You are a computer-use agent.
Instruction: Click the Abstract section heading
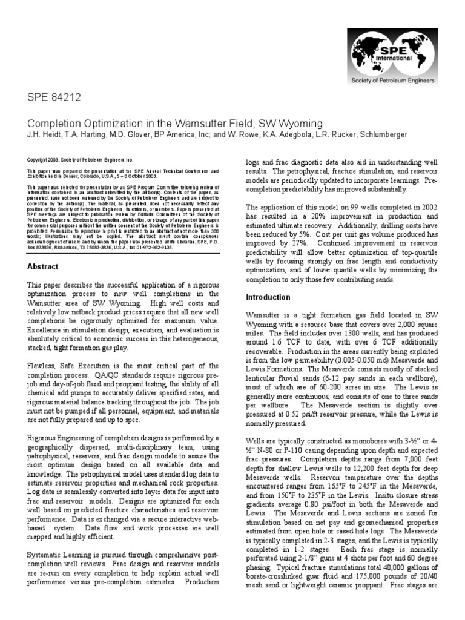(x=42, y=266)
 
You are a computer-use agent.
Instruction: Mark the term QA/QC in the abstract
(x=94, y=375)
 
